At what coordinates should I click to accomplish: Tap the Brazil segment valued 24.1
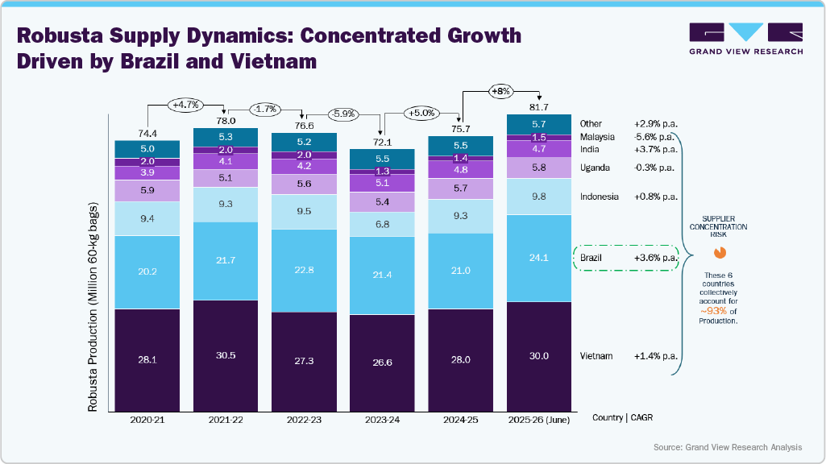(538, 258)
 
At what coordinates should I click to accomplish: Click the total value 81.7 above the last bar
(538, 107)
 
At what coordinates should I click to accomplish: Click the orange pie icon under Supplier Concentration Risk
(720, 252)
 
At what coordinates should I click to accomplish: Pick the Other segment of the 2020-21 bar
(147, 149)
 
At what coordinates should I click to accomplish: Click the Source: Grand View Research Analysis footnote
(728, 447)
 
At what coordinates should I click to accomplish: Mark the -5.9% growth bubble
(342, 114)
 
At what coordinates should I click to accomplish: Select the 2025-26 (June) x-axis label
(538, 420)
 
